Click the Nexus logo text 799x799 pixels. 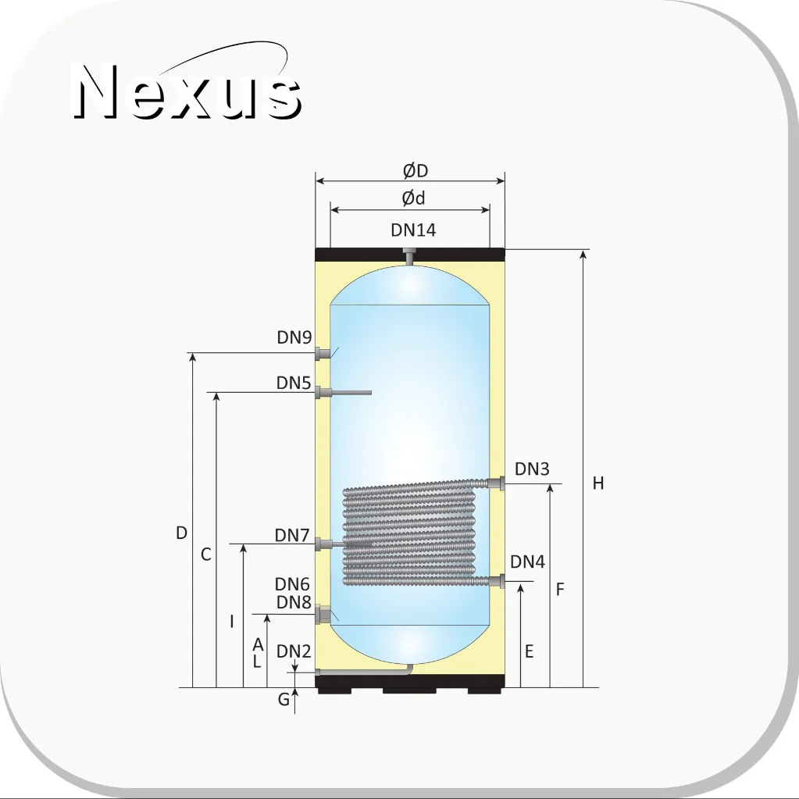coord(187,91)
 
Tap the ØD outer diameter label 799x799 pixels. coord(416,171)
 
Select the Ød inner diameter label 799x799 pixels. coord(413,198)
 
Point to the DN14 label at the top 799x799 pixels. coord(413,230)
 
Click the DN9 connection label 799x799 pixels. coord(294,337)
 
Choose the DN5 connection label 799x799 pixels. coord(294,383)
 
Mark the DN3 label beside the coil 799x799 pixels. coord(532,469)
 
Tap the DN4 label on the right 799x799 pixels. coord(527,562)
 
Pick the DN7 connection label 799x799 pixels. coord(292,535)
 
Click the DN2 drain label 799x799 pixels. coord(294,651)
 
